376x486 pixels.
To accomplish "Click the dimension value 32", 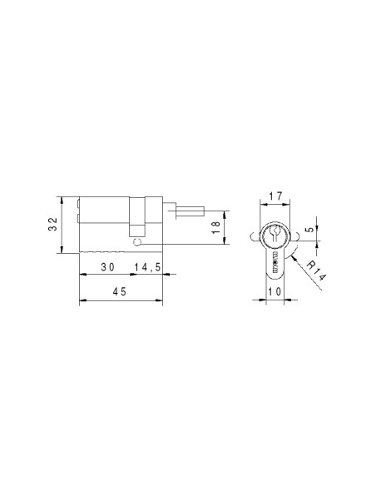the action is [x=53, y=224].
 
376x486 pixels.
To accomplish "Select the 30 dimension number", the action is [x=108, y=266].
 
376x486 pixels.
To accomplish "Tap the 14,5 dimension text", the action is [x=147, y=266].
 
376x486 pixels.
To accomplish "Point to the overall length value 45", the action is [x=120, y=291].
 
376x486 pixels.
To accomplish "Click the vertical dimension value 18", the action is [x=215, y=227].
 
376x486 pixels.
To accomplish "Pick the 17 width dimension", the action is [x=275, y=196].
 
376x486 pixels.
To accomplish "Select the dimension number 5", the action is [x=309, y=230].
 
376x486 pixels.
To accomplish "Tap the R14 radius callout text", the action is [x=316, y=270].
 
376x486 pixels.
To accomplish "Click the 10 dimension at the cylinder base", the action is [x=275, y=291].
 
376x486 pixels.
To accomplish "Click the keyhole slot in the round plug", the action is [x=275, y=233].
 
